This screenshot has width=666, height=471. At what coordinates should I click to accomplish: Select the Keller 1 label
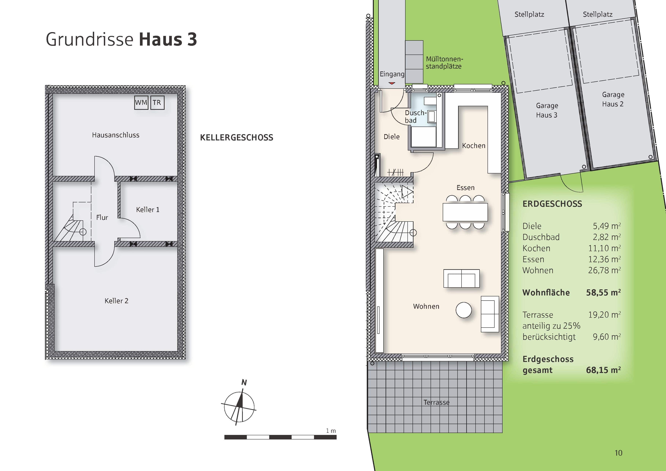[x=148, y=210]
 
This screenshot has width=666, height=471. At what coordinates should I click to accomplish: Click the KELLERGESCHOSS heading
[x=236, y=138]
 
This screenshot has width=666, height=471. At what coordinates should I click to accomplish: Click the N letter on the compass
[x=244, y=382]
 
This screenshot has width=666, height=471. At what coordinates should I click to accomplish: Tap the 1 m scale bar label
[x=331, y=431]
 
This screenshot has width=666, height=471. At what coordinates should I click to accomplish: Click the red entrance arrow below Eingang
[x=392, y=83]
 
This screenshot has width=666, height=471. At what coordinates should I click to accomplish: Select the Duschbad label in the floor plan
[x=415, y=116]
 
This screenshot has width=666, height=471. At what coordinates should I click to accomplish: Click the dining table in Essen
[x=465, y=212]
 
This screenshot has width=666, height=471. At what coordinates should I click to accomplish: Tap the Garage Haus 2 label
[x=613, y=99]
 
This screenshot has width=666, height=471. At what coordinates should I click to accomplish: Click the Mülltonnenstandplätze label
[x=444, y=63]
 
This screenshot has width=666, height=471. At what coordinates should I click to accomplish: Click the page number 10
[x=618, y=453]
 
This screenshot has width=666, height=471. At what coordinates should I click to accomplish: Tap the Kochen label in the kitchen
[x=473, y=146]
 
